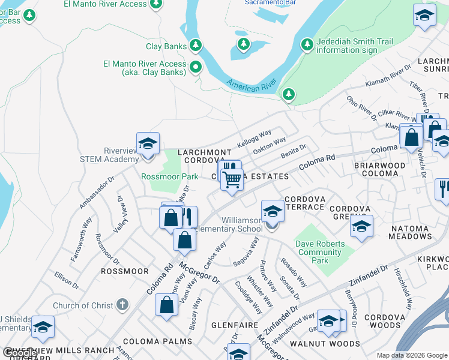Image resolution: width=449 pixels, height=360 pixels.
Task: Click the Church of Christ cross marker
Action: pyautogui.click(x=123, y=305)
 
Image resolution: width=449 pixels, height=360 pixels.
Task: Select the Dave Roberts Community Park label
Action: pyautogui.click(x=320, y=252)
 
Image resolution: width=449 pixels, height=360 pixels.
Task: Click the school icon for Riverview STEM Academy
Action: pyautogui.click(x=148, y=144)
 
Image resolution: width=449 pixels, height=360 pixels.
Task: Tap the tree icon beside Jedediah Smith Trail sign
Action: pyautogui.click(x=307, y=45)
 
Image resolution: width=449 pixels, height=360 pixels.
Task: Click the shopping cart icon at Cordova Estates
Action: pyautogui.click(x=232, y=178)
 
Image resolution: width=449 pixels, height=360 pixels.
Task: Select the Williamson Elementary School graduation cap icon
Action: pyautogui.click(x=273, y=212)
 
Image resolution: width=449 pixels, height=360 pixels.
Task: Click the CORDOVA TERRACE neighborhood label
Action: pyautogui.click(x=305, y=203)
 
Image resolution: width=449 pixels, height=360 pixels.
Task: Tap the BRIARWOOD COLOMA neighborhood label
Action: pyautogui.click(x=384, y=169)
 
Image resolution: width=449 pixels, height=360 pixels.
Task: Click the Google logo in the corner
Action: pyautogui.click(x=19, y=353)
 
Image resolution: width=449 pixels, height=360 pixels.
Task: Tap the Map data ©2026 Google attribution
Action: pyautogui.click(x=411, y=355)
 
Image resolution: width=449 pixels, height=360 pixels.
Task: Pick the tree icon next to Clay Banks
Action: pyautogui.click(x=195, y=46)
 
